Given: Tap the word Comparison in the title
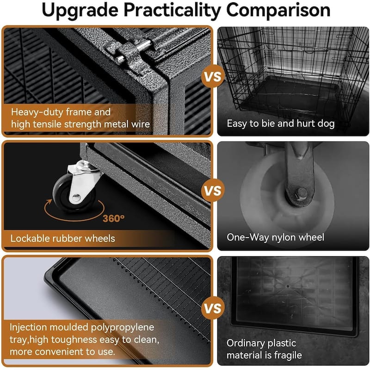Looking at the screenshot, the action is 278,10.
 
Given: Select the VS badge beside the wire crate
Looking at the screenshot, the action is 213,77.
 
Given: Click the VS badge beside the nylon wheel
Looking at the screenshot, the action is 213,191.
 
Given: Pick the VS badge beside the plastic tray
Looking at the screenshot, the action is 213,308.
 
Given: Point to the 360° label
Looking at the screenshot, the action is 113,218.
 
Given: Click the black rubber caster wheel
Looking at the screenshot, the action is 71,195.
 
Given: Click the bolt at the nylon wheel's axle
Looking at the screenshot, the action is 302,193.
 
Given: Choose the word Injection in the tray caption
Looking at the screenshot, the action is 28,327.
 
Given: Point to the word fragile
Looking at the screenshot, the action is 287,355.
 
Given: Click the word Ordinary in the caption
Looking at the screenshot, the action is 246,344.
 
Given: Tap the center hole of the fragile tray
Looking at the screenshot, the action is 288,286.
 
